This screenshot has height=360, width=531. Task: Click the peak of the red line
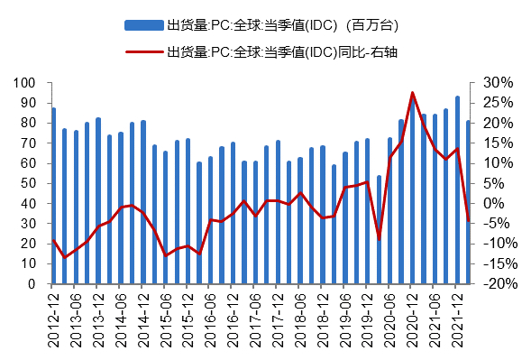413,92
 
